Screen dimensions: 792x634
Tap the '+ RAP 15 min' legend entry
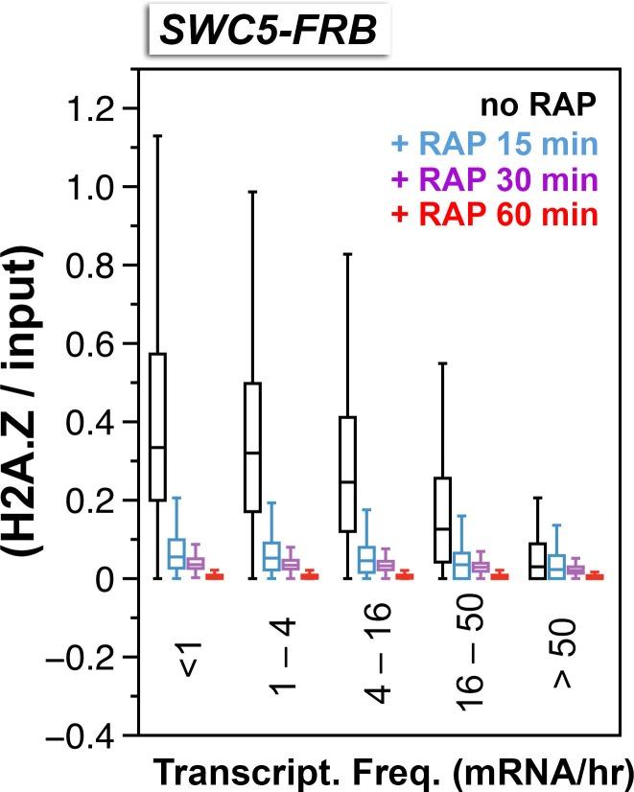(x=495, y=146)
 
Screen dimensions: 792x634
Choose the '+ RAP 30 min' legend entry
(x=495, y=179)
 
